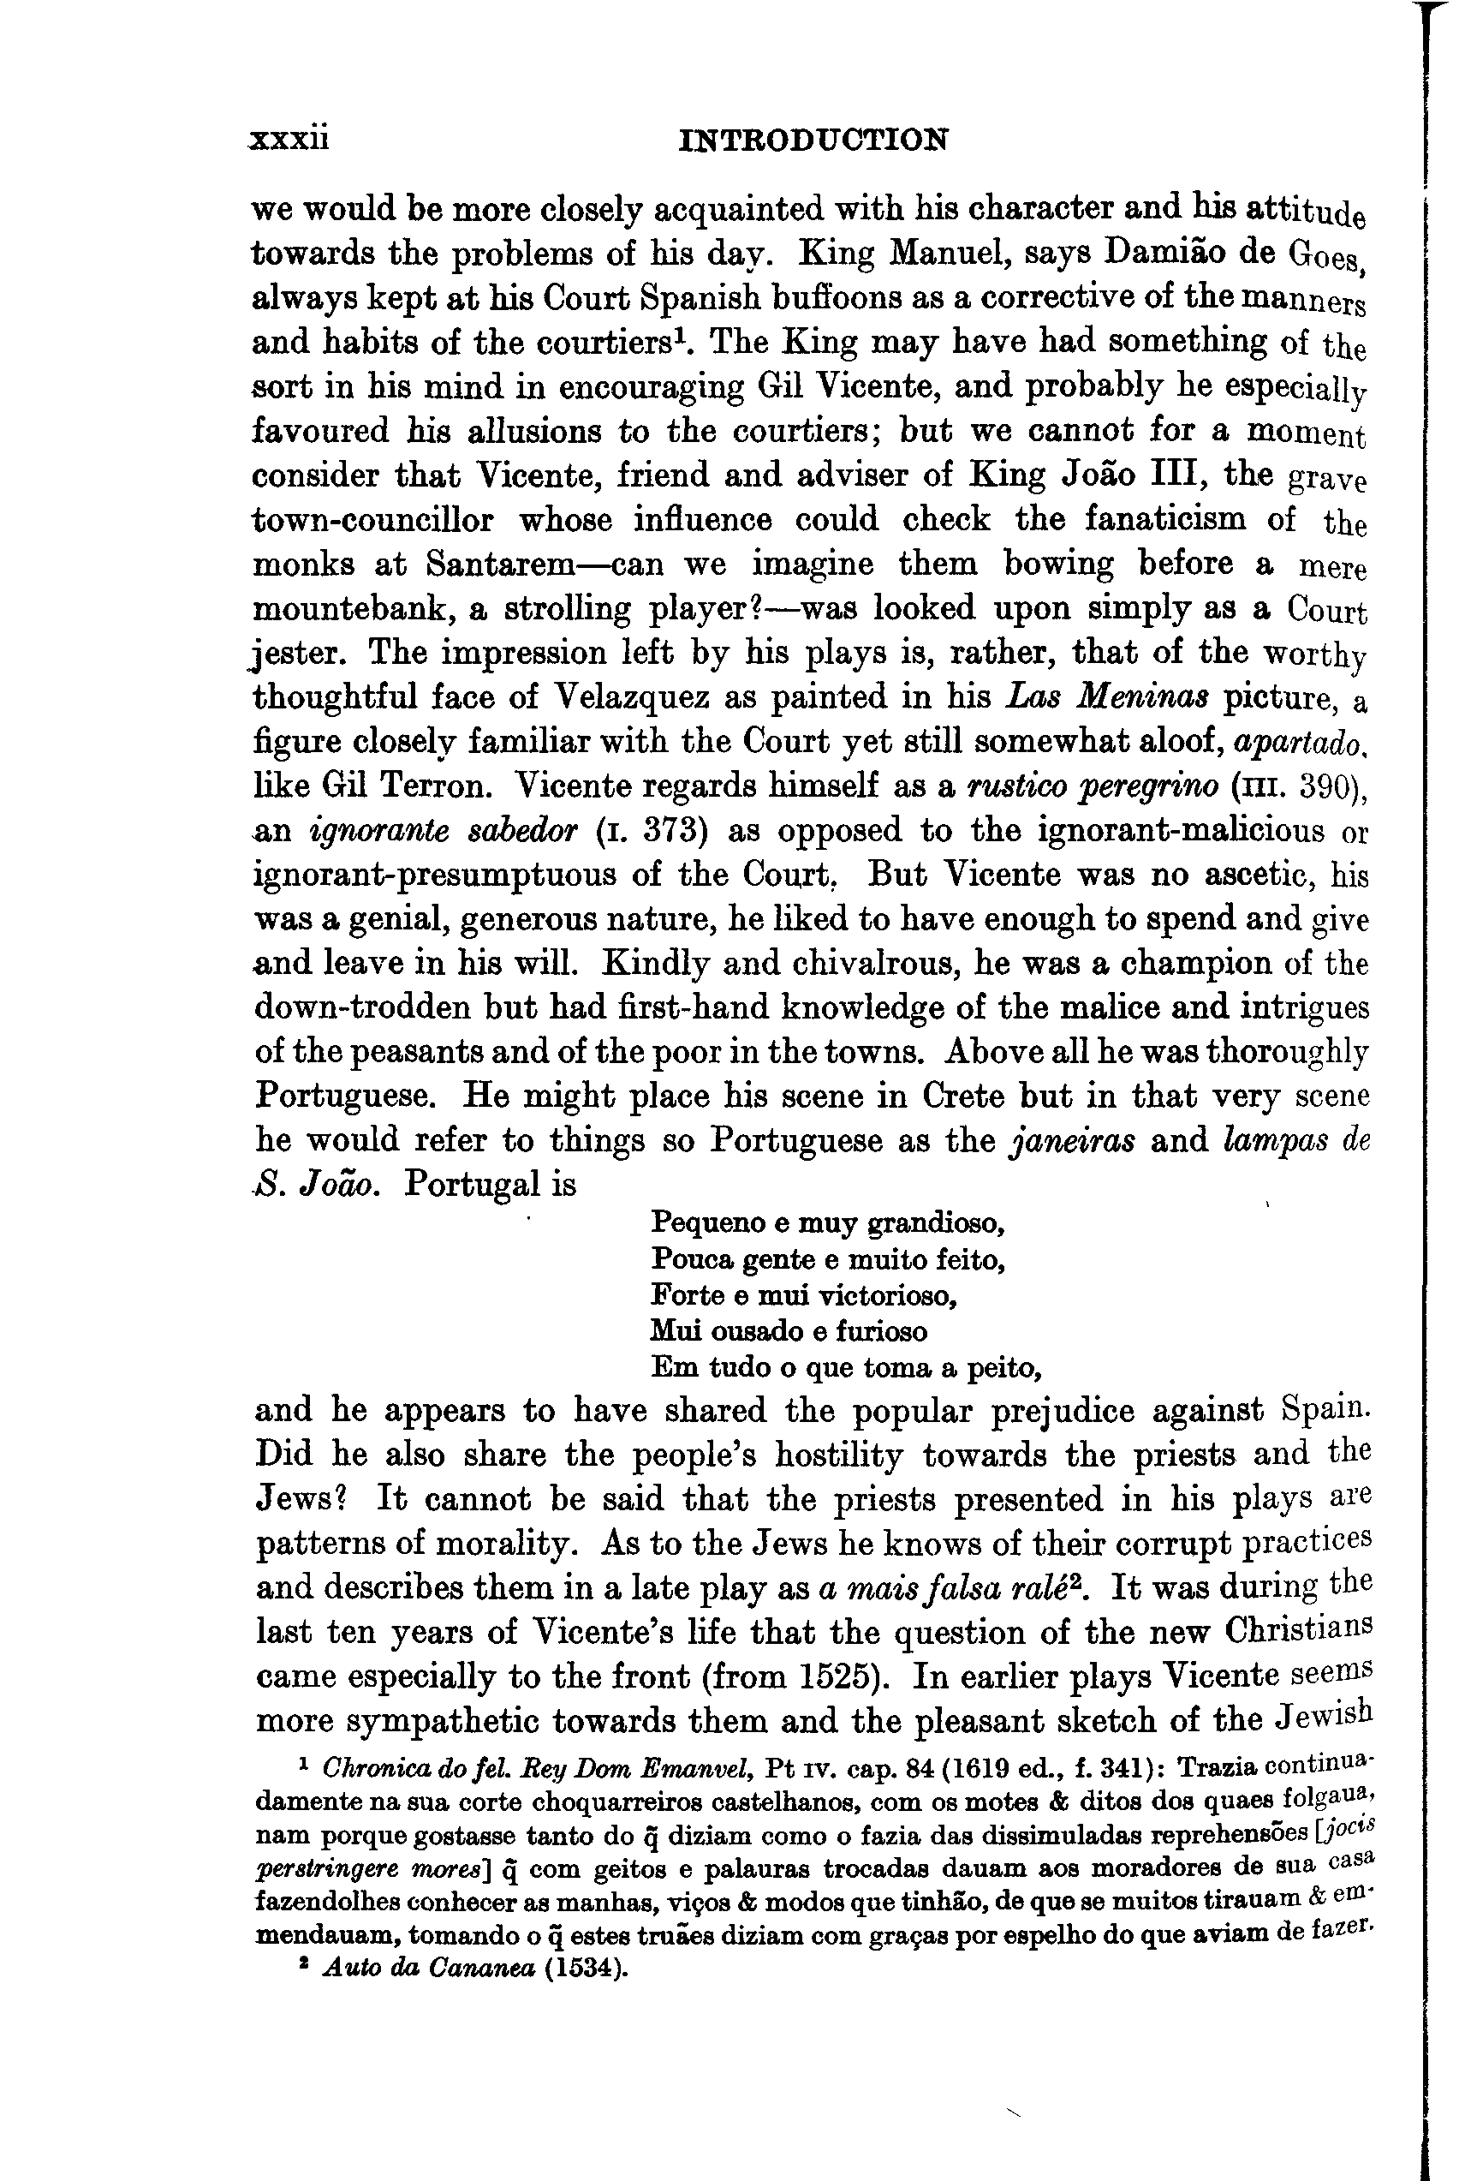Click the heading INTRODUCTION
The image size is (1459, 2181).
pyautogui.click(x=814, y=140)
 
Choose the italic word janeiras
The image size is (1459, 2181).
pyautogui.click(x=1072, y=1141)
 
